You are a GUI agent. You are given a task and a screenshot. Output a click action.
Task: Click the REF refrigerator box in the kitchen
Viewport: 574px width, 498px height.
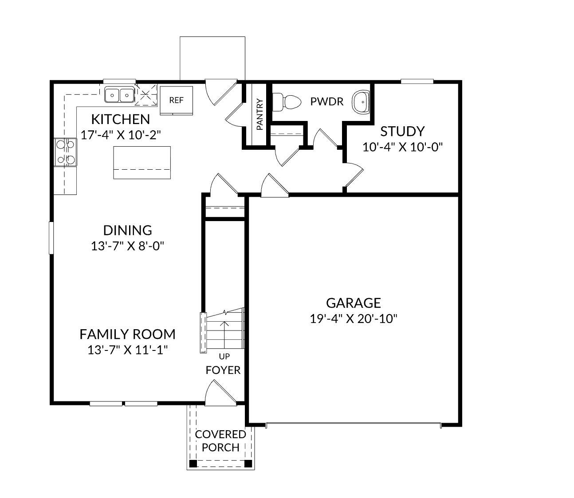coord(176,100)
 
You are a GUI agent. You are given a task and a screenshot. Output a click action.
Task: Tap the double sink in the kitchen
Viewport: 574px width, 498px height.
coord(119,95)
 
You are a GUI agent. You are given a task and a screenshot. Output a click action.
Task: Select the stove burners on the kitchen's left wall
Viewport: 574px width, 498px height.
coord(65,152)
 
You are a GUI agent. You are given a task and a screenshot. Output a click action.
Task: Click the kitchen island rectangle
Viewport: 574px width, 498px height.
coord(142,162)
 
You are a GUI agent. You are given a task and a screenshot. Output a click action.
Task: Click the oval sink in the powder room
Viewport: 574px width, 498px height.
coord(362,102)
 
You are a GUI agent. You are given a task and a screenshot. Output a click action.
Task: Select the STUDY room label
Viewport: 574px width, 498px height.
coord(402,131)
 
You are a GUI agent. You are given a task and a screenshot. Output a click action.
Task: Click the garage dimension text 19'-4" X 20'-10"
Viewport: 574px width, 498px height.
coord(354,319)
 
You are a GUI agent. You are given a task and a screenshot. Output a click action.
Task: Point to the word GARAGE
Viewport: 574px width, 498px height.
coord(354,303)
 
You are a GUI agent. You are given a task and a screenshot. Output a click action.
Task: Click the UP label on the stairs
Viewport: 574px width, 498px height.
coord(224,356)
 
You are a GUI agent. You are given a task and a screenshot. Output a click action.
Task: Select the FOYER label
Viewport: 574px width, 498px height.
coord(223,370)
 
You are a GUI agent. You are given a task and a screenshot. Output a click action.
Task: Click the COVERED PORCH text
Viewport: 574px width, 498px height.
coord(220,440)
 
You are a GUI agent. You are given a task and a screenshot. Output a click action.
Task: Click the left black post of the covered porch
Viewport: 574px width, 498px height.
coord(193,464)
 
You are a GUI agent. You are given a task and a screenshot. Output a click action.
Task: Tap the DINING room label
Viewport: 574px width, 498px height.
coord(127,230)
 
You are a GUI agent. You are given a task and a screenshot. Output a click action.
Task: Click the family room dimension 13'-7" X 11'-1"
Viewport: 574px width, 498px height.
coord(127,350)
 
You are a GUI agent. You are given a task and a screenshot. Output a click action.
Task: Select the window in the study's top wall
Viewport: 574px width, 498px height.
coord(417,81)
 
